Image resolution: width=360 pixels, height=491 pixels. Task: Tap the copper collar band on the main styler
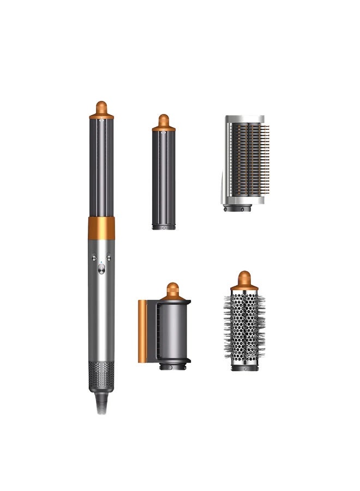coord(101,228)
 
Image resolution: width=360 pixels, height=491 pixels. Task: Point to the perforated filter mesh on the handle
coord(101,376)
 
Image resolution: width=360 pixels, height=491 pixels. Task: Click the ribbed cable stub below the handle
coord(101,404)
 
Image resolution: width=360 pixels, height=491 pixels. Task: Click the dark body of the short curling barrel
coord(163,175)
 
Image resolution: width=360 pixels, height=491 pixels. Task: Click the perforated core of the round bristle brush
coord(244,327)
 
